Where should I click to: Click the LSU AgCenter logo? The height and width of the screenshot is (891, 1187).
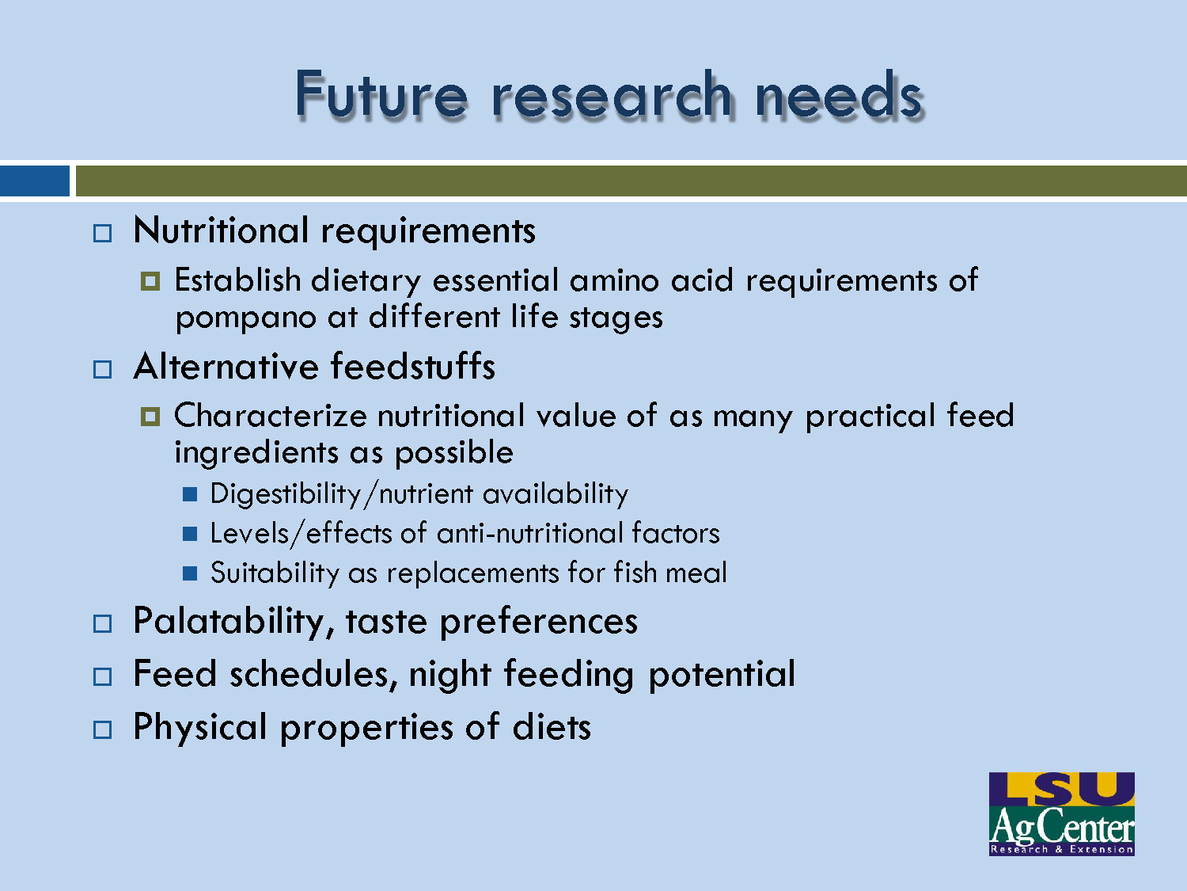click(x=1061, y=813)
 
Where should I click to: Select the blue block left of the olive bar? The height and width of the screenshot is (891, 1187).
click(x=35, y=181)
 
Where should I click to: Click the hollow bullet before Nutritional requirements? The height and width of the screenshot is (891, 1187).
click(x=103, y=234)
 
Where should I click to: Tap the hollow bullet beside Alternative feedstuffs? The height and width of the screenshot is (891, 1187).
click(x=103, y=369)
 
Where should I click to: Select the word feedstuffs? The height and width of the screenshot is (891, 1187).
click(x=412, y=367)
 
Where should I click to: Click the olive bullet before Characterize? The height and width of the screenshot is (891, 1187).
click(x=150, y=417)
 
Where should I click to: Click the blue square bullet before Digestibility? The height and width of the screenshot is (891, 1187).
click(x=190, y=495)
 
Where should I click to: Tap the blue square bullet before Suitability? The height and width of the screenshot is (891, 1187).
click(x=190, y=573)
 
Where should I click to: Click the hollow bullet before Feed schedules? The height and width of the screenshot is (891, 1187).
click(x=103, y=676)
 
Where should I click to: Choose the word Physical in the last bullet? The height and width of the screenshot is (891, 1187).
click(x=200, y=728)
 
